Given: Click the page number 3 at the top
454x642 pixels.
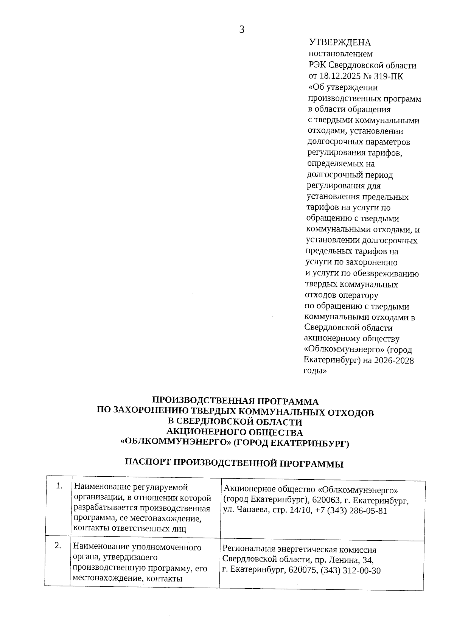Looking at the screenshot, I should click(x=242, y=30).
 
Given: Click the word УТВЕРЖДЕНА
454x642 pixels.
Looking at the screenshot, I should click(x=340, y=43).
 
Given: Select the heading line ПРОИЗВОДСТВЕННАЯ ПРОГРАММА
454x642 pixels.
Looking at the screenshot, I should click(x=235, y=401).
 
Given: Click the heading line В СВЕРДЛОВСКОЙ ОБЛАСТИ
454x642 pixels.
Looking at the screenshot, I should click(x=235, y=422).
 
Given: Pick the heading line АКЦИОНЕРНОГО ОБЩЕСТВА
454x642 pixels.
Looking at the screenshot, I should click(x=235, y=432).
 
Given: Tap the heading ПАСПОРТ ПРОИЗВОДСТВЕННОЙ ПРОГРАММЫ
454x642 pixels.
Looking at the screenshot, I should click(x=234, y=463).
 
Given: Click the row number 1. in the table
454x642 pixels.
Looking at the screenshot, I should click(x=59, y=486).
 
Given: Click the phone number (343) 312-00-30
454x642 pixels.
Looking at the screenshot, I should click(x=350, y=570).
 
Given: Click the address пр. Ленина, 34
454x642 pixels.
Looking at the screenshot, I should click(x=345, y=560).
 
